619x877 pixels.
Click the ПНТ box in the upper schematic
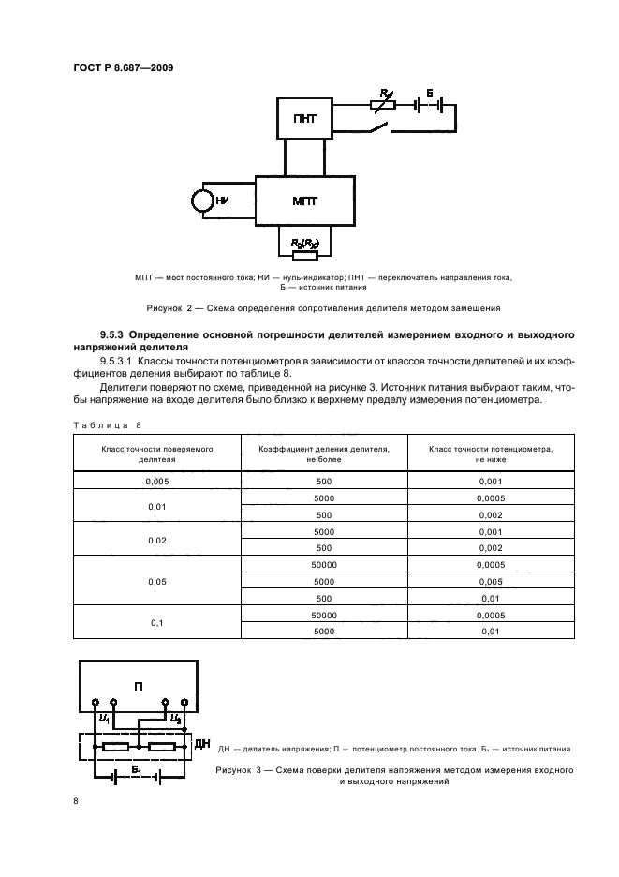pos(304,119)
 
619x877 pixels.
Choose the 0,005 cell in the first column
pos(157,483)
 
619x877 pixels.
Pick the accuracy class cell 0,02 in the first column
pos(157,541)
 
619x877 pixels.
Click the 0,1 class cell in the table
pos(157,622)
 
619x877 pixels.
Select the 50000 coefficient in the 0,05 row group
pos(325,565)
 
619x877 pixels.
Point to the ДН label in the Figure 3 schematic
pos(202,744)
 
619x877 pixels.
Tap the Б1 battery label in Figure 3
pos(135,768)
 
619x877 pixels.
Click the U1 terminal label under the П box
pos(103,719)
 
